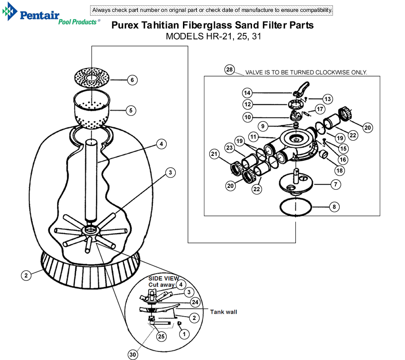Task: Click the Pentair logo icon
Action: pos(10,11)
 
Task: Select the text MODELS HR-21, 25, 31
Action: pos(213,36)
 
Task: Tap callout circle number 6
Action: pos(132,80)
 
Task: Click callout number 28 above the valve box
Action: pos(230,70)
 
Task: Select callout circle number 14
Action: pos(247,93)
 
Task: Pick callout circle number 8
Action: pos(334,206)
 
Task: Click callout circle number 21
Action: pos(214,154)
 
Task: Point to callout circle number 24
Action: pos(195,302)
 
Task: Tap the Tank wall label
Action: pos(223,312)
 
